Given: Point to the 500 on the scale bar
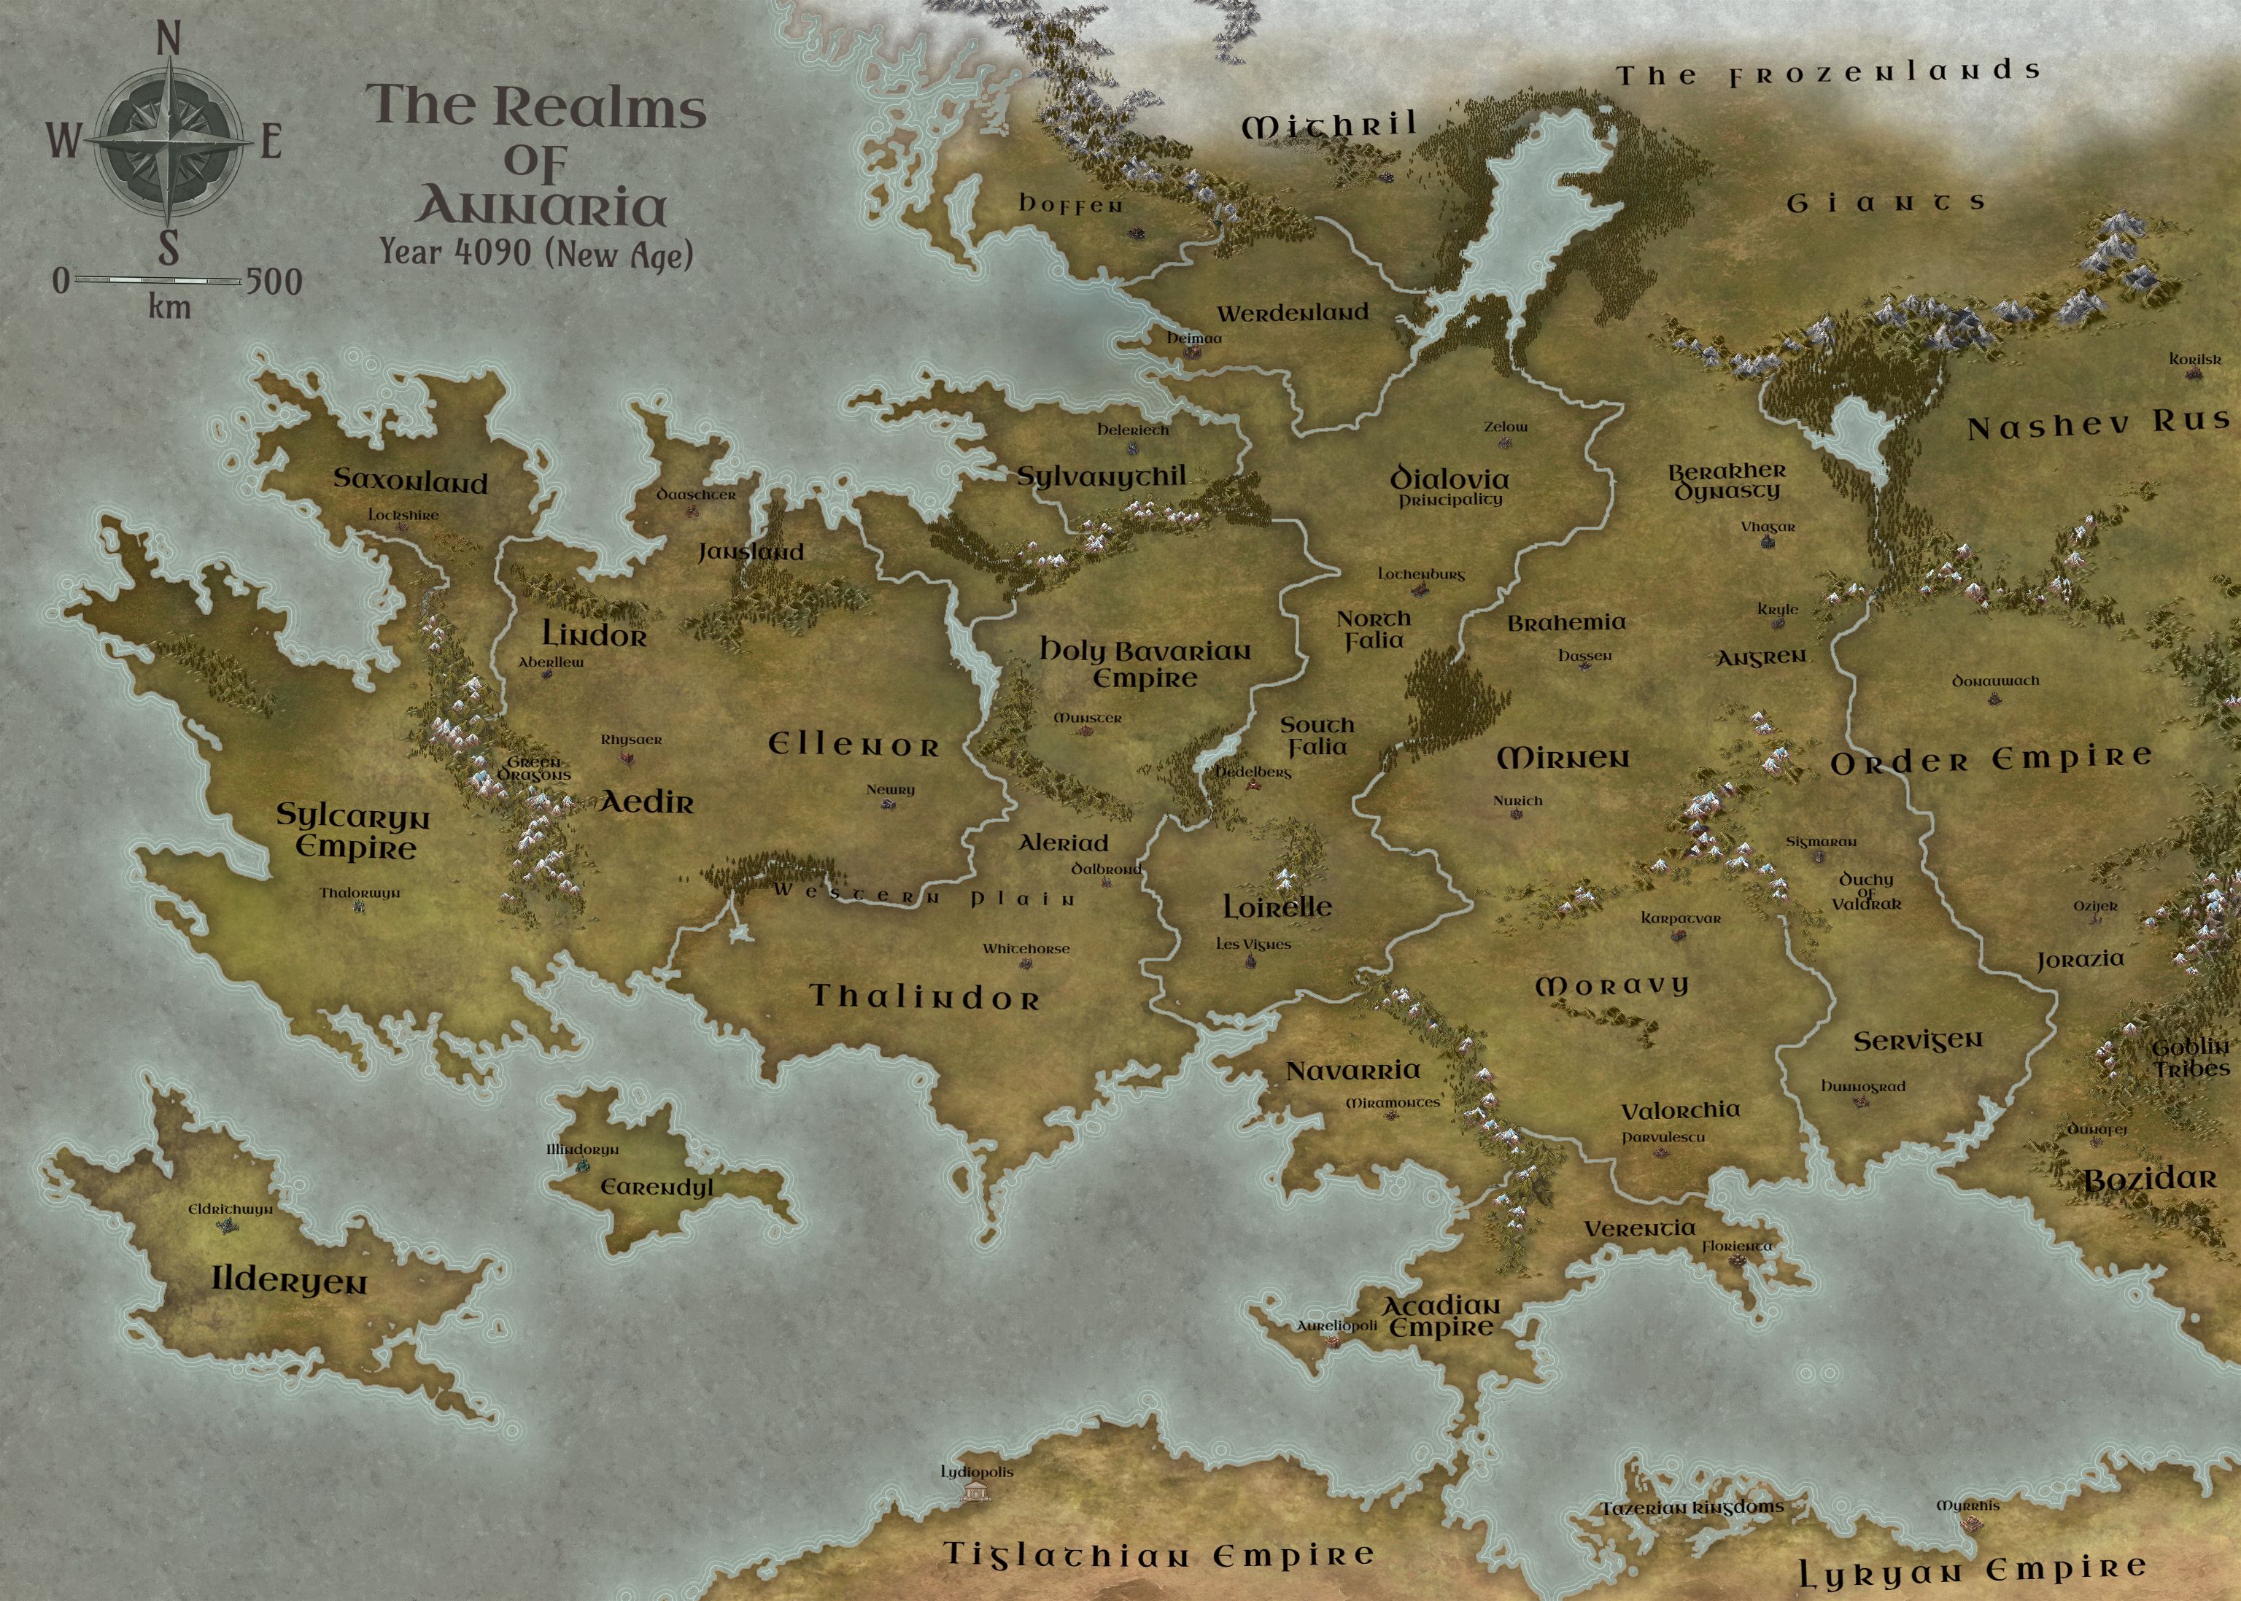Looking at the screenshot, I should (x=273, y=282).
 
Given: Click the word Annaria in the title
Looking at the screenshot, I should (x=541, y=206).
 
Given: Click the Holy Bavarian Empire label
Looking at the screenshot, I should (x=1145, y=664).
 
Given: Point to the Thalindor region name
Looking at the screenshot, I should (x=925, y=998).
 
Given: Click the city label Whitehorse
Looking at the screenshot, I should (x=1026, y=948).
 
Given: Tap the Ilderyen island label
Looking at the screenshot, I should (x=289, y=1281).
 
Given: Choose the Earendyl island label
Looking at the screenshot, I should (x=657, y=1187).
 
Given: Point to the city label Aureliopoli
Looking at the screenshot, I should (x=1336, y=1326).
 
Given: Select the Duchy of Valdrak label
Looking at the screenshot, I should (x=1866, y=891).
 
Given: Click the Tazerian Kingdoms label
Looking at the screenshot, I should (x=1691, y=1508).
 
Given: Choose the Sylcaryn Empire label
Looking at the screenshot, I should (x=352, y=831).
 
